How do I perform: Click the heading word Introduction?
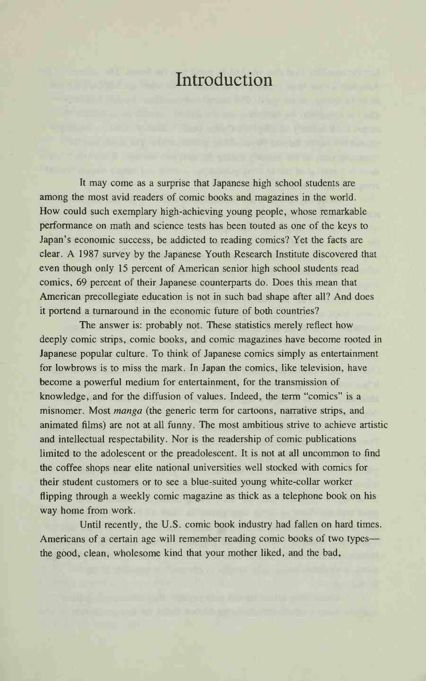[x=224, y=80]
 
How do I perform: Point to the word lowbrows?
[x=75, y=368]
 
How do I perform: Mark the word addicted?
[x=194, y=240]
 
